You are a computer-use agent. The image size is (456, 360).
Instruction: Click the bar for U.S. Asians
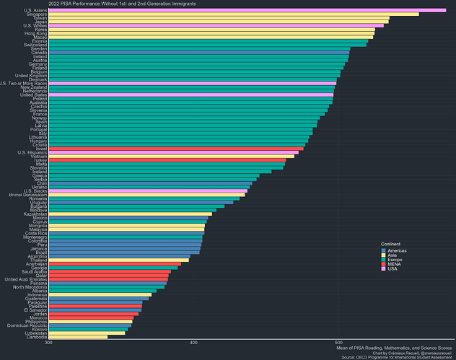tap(245, 10)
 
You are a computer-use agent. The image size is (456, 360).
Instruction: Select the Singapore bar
tap(231, 14)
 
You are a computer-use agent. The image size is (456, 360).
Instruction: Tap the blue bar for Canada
tap(198, 53)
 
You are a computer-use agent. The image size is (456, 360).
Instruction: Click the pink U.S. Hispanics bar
tap(173, 153)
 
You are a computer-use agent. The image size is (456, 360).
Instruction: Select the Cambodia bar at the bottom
tap(77, 337)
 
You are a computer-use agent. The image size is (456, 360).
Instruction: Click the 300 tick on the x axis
tap(48, 343)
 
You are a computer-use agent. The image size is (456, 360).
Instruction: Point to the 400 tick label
tap(193, 343)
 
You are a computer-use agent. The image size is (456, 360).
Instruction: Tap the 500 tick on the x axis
tap(338, 343)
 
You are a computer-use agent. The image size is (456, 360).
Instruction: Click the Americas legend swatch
tap(385, 250)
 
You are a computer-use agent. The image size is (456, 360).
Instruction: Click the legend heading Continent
tap(391, 244)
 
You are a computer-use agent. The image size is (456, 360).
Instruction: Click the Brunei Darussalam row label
tap(27, 195)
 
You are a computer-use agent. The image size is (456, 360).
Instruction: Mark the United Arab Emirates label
tap(25, 279)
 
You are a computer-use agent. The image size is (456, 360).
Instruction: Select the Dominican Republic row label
tap(27, 325)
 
